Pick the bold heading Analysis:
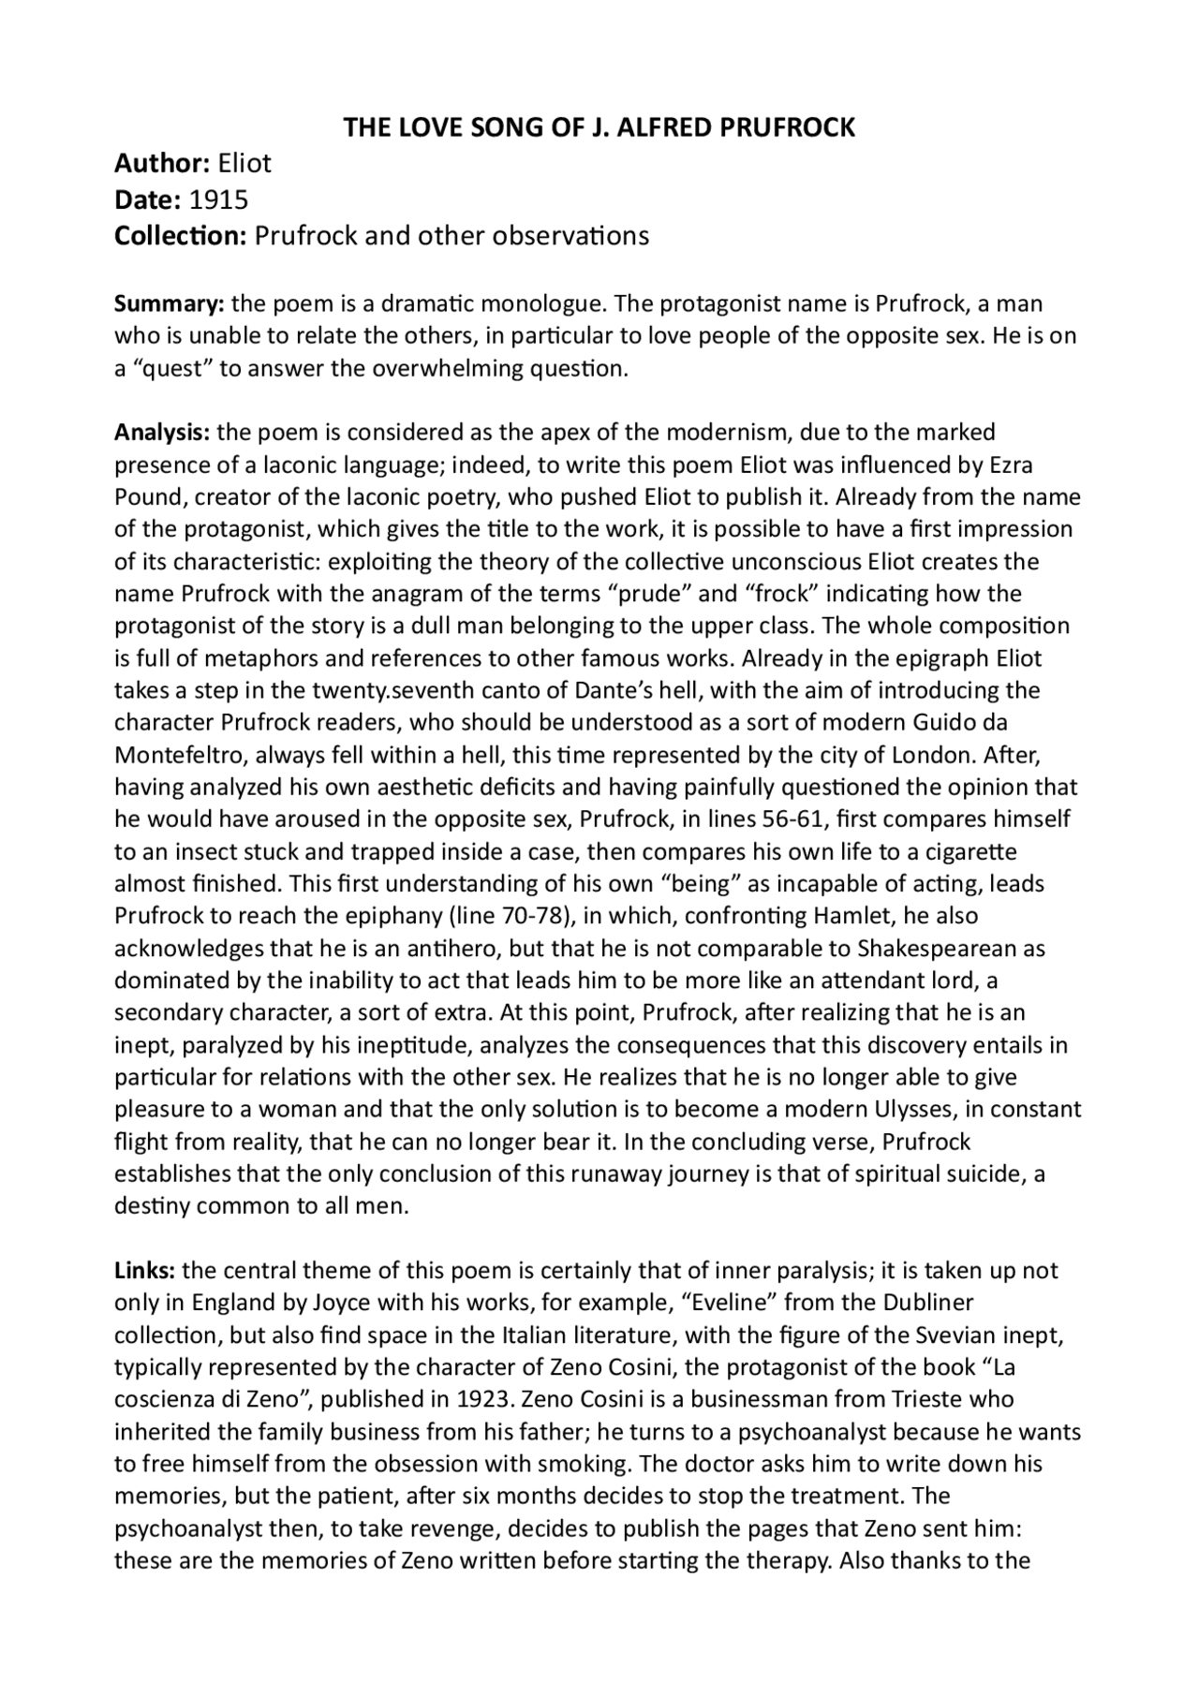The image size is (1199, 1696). click(x=162, y=433)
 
